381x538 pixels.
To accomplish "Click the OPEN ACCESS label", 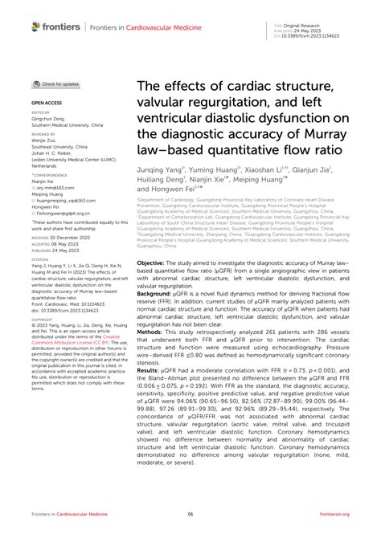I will tap(45, 104).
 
